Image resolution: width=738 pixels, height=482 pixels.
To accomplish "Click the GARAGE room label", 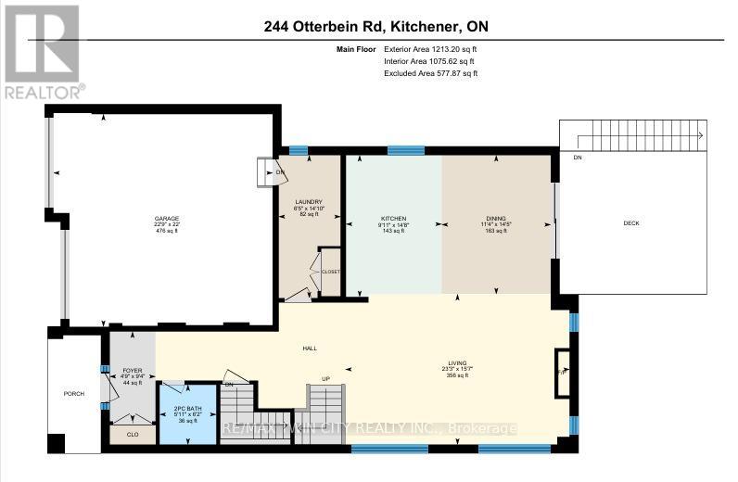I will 167,220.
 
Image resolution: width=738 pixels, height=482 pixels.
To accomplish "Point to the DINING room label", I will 496,218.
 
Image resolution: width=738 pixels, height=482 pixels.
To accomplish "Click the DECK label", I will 631,222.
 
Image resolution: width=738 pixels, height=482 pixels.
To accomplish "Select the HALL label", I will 310,348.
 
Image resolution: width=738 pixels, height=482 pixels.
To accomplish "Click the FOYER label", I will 132,370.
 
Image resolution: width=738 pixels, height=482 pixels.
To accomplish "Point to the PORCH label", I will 74,394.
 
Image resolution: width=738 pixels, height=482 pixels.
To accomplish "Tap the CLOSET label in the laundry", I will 330,272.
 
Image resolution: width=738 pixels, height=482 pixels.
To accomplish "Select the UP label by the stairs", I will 324,378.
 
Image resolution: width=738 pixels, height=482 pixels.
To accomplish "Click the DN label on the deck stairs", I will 578,158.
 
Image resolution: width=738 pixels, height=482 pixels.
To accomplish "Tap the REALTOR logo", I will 43,51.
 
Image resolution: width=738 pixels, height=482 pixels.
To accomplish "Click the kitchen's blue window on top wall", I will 406,150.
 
